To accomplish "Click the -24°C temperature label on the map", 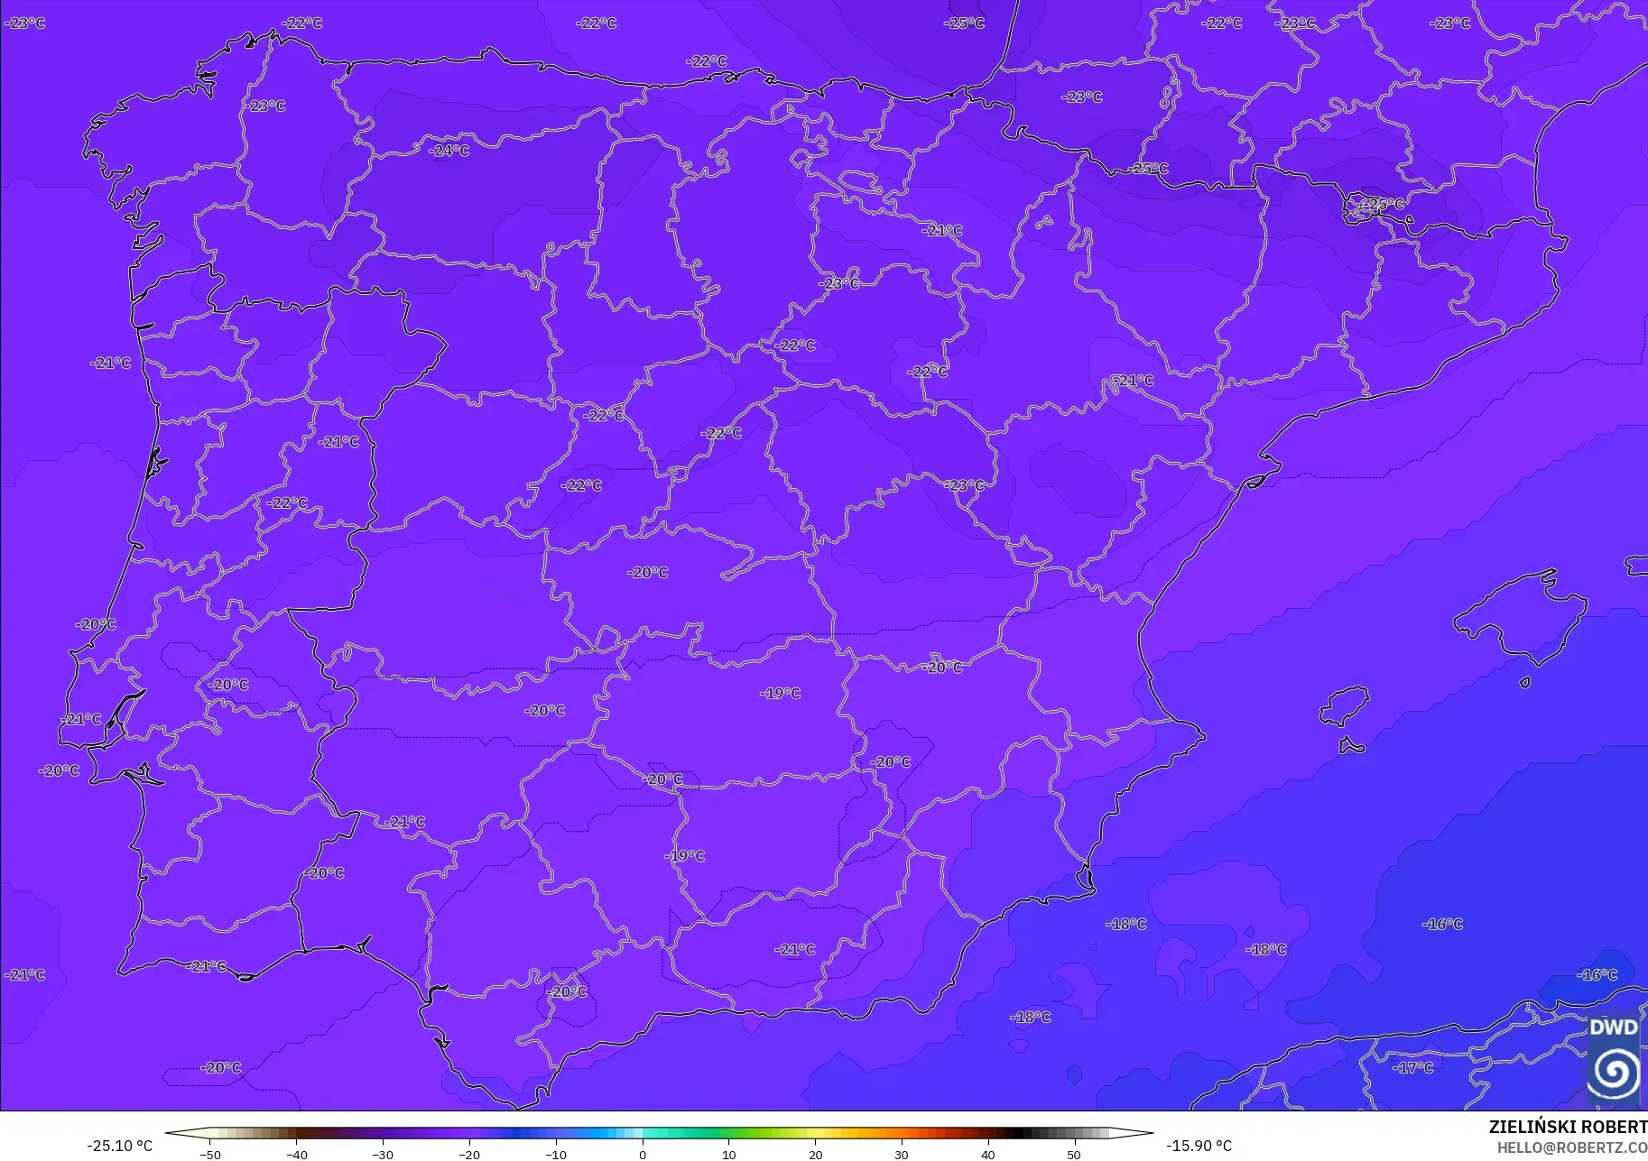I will tap(449, 151).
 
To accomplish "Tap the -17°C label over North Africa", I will tap(1413, 1067).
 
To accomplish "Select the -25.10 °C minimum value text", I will tap(119, 1147).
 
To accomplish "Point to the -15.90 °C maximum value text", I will tap(1199, 1147).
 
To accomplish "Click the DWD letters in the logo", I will tap(1613, 1027).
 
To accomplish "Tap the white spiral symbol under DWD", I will tap(1615, 1073).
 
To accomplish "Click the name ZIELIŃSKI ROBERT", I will tap(1568, 1127).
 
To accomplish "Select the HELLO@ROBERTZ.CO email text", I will tap(1572, 1147).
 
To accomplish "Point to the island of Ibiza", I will tap(1345, 705).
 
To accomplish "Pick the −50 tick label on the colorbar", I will tap(209, 1155).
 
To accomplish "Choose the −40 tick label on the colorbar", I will tap(296, 1155).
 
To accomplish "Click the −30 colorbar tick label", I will tap(383, 1155).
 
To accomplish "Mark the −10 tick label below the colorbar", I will tap(556, 1155).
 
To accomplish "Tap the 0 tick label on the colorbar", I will tap(643, 1155).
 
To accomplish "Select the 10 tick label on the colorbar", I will tap(728, 1155).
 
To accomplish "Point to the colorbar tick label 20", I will tap(815, 1155).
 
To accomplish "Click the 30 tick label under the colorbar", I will tap(902, 1155).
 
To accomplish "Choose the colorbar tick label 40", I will tap(988, 1155).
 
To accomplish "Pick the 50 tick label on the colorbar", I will tap(1074, 1155).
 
